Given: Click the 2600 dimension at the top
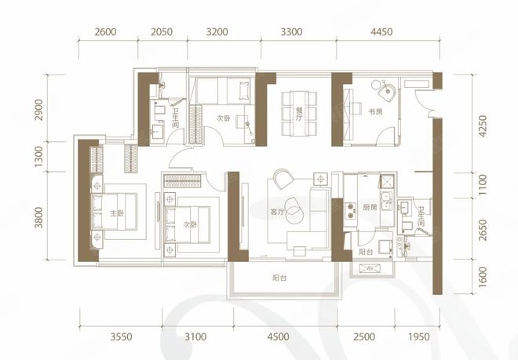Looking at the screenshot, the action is pyautogui.click(x=105, y=32).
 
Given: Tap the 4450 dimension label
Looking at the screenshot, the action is pyautogui.click(x=381, y=32).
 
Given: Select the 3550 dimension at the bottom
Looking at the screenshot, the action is pyautogui.click(x=121, y=336).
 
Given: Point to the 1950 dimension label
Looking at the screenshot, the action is pyautogui.click(x=419, y=336).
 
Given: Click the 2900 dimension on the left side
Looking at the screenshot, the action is pyautogui.click(x=39, y=110).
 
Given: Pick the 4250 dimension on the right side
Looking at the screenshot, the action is pyautogui.click(x=483, y=126).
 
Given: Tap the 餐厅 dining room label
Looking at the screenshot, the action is pyautogui.click(x=299, y=114).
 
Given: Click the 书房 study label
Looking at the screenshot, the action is pyautogui.click(x=375, y=111).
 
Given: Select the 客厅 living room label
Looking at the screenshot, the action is pyautogui.click(x=277, y=212).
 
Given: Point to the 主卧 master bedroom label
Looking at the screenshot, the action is pyautogui.click(x=117, y=213).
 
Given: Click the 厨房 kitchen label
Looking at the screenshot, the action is pyautogui.click(x=370, y=207).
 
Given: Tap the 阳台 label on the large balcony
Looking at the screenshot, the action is pyautogui.click(x=279, y=278).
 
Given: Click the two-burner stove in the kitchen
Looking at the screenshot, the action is pyautogui.click(x=349, y=212).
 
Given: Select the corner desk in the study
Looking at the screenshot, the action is pyautogui.click(x=386, y=90).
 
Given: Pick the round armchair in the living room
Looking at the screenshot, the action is pyautogui.click(x=283, y=178).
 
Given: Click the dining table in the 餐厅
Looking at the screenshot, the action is pyautogui.click(x=299, y=114).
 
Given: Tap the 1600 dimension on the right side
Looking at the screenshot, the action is pyautogui.click(x=483, y=277).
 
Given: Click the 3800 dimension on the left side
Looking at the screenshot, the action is pyautogui.click(x=39, y=217).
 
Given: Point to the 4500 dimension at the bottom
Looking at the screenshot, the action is pyautogui.click(x=278, y=336).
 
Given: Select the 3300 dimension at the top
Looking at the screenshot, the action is pyautogui.click(x=291, y=32).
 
